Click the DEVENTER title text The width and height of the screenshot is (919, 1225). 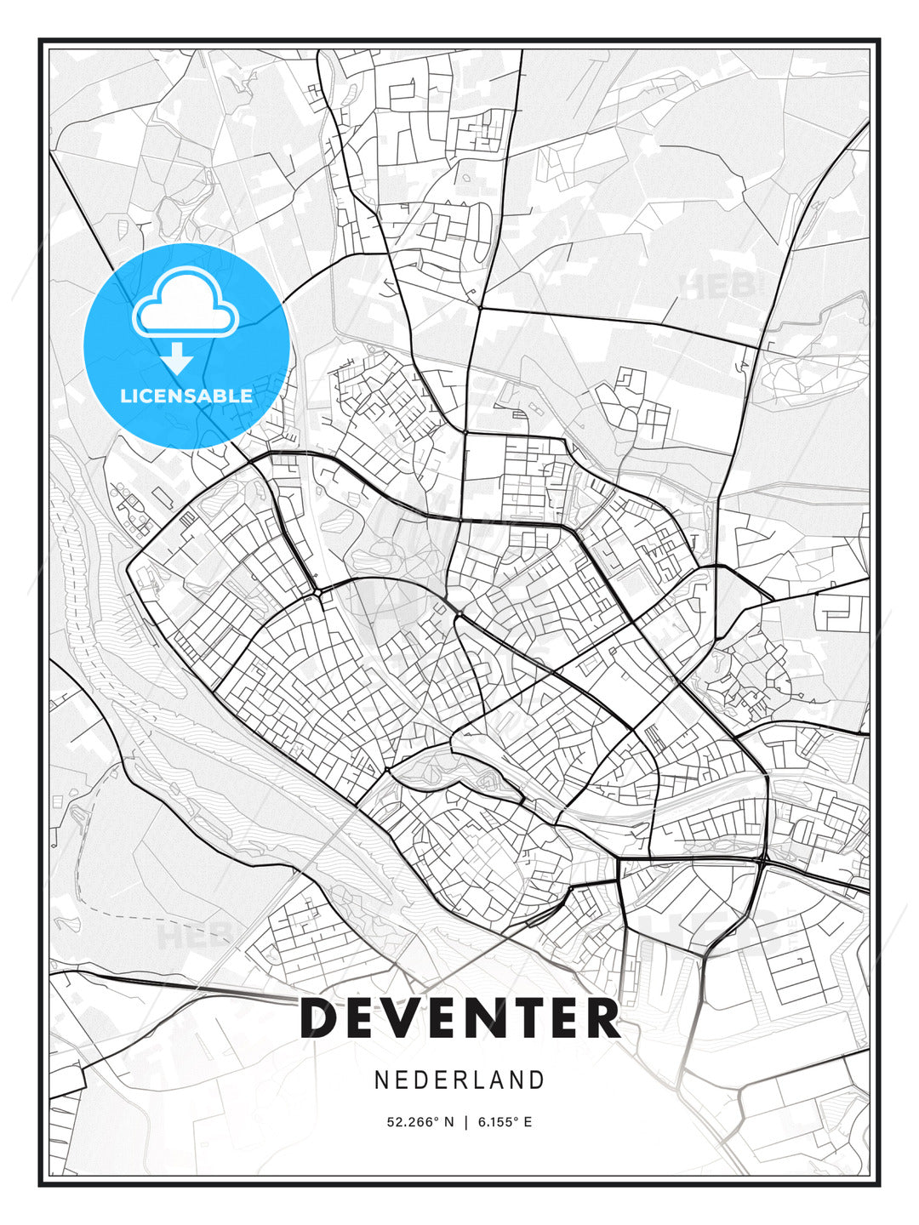click(459, 1018)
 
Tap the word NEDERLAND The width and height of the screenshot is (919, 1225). click(459, 1080)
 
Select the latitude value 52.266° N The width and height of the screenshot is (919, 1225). click(420, 1122)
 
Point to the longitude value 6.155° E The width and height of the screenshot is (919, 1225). click(505, 1122)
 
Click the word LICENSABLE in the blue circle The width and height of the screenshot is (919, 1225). click(186, 396)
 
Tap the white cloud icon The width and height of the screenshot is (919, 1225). click(184, 304)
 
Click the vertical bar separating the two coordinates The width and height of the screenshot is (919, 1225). click(465, 1122)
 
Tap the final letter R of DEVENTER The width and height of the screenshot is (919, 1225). click(601, 1018)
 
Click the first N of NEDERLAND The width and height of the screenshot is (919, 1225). click(382, 1080)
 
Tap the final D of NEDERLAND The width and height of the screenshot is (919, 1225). click(536, 1080)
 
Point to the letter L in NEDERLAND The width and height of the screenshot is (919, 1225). click(477, 1080)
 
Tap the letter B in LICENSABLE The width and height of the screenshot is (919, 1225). click(218, 396)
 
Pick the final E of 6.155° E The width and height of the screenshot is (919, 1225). click(528, 1122)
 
